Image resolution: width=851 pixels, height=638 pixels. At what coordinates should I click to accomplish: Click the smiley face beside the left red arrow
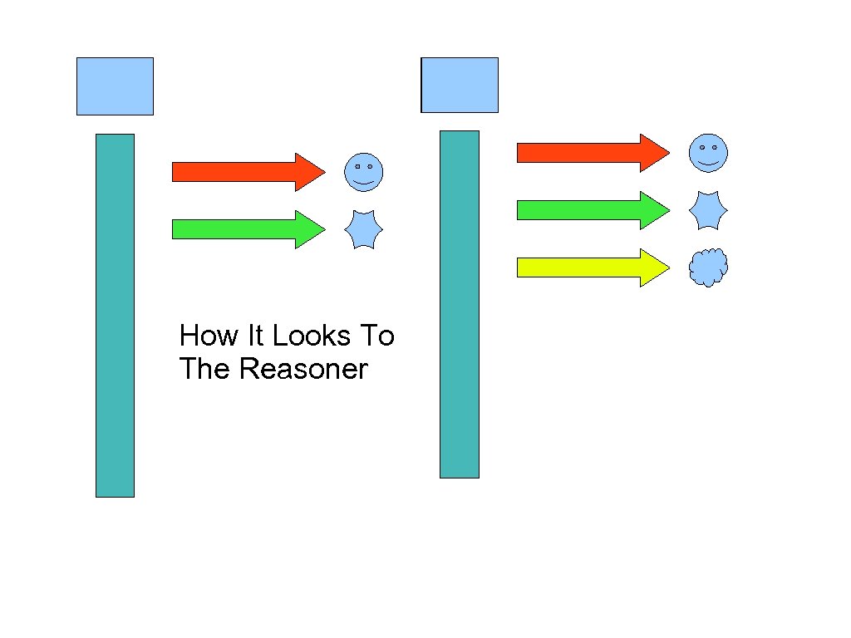(x=364, y=173)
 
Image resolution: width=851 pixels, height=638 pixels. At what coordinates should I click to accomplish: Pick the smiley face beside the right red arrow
(x=708, y=153)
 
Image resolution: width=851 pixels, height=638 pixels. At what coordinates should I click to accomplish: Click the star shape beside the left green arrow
(x=363, y=229)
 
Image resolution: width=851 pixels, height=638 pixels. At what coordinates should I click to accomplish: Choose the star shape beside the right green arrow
(x=708, y=210)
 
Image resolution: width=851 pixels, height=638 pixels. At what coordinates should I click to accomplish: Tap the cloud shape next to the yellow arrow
(x=708, y=267)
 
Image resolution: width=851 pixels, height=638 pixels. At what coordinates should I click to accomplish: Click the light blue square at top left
(x=115, y=86)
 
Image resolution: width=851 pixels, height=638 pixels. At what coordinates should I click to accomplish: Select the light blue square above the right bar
(x=460, y=85)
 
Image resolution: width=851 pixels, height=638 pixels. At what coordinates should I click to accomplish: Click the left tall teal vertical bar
(x=115, y=316)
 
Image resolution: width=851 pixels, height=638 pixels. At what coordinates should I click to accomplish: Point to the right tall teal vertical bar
(x=460, y=304)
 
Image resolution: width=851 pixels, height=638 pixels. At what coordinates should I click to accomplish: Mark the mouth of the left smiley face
(x=364, y=181)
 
